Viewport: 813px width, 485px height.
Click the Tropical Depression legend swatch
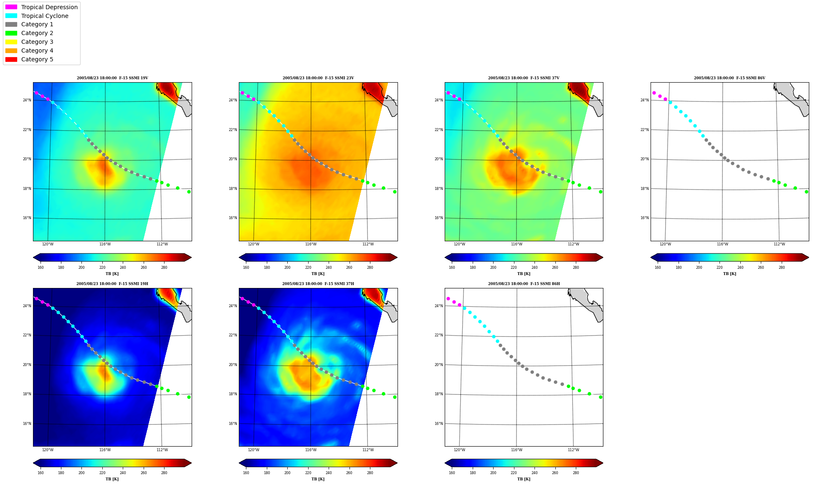[11, 7]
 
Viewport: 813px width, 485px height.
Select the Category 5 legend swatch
[11, 59]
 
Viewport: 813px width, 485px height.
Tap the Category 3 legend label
[37, 42]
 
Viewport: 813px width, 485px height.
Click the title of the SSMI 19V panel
[112, 78]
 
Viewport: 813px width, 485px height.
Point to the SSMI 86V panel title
[729, 78]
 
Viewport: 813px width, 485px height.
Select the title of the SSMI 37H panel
[318, 284]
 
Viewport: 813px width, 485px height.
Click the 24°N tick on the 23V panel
[233, 100]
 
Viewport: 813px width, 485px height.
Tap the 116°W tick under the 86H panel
[517, 450]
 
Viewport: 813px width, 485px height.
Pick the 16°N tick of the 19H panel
[27, 424]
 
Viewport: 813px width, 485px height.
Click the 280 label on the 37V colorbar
[576, 268]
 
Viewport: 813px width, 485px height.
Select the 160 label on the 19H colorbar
[41, 473]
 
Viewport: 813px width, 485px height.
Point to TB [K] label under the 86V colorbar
[729, 274]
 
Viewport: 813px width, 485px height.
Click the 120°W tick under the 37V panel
[459, 244]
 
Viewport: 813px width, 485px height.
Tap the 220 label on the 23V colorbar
[308, 268]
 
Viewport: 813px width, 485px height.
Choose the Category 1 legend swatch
[11, 24]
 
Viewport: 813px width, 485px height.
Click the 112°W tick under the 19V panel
[162, 244]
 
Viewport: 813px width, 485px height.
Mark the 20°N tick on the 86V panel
[645, 159]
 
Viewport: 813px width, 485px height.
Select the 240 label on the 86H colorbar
[534, 473]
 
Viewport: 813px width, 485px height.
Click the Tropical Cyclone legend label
[45, 16]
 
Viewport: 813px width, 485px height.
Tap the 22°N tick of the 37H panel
[233, 335]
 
